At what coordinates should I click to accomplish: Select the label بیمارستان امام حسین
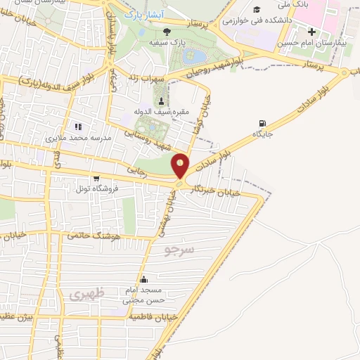[314, 44]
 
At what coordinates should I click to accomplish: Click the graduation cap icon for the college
[257, 8]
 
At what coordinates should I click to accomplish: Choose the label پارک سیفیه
[167, 43]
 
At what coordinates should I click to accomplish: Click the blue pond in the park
[198, 55]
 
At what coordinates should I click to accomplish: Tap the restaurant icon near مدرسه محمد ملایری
[79, 127]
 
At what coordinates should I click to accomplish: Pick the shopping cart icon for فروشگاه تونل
[86, 179]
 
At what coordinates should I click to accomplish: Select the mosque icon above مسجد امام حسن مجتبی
[143, 279]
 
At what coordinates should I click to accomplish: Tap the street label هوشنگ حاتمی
[94, 237]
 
